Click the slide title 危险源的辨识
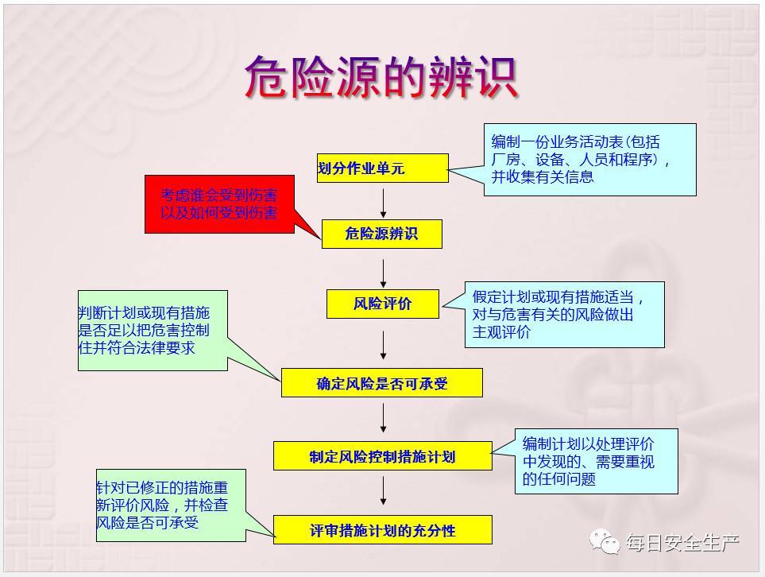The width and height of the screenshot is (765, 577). [x=381, y=77]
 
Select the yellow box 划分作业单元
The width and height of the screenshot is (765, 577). [x=383, y=168]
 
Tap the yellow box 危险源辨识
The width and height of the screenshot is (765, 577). [x=382, y=234]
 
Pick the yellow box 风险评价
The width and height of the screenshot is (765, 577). [x=383, y=304]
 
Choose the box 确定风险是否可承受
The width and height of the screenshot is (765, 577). [x=382, y=383]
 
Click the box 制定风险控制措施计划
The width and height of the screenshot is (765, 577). [x=383, y=456]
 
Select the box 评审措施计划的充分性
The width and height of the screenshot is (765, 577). [x=383, y=529]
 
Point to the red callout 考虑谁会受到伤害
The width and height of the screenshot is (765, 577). [x=219, y=204]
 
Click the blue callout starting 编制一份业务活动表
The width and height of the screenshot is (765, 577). [x=590, y=160]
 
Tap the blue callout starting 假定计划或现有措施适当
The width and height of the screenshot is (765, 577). [x=565, y=315]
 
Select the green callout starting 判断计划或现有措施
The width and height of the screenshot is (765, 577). [x=153, y=331]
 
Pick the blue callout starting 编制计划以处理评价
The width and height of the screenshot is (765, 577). [x=597, y=461]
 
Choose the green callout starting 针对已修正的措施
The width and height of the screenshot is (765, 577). [x=172, y=505]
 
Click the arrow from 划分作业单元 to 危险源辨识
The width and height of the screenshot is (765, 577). [x=384, y=203]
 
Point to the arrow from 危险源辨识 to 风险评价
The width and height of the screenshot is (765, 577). [x=384, y=273]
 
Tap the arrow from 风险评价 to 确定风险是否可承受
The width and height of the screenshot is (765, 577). [x=384, y=345]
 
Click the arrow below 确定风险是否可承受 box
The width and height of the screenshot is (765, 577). [x=384, y=418]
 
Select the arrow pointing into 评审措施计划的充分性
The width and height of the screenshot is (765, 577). [x=384, y=490]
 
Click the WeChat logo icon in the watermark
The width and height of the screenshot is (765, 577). [x=605, y=541]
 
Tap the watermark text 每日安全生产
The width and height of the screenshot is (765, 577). [x=682, y=543]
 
